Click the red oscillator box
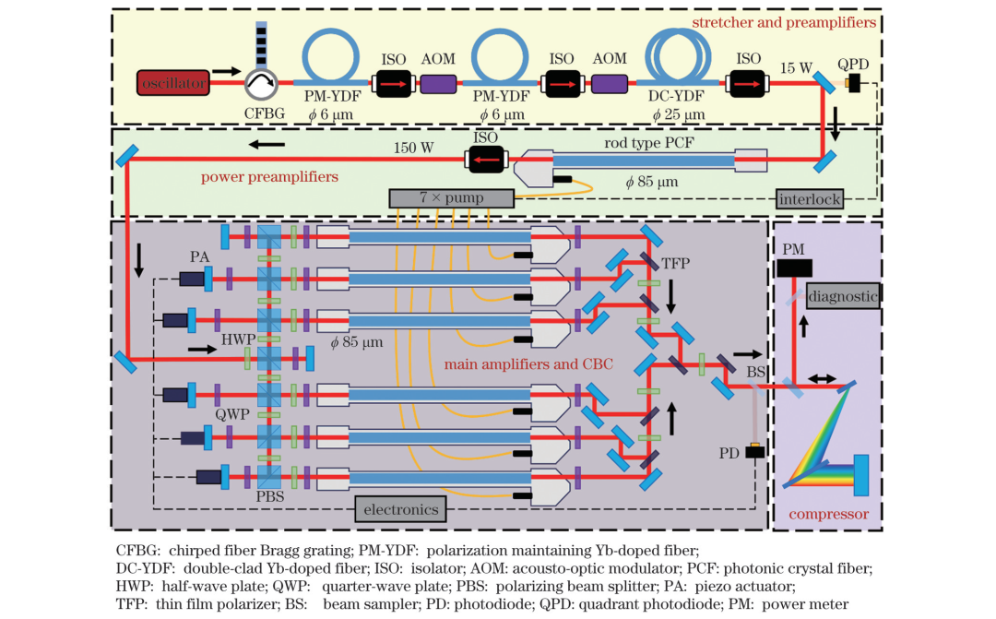[173, 85]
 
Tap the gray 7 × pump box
[450, 197]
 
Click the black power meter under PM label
[794, 268]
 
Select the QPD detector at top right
[854, 85]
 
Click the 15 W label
[796, 66]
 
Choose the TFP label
[679, 262]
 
